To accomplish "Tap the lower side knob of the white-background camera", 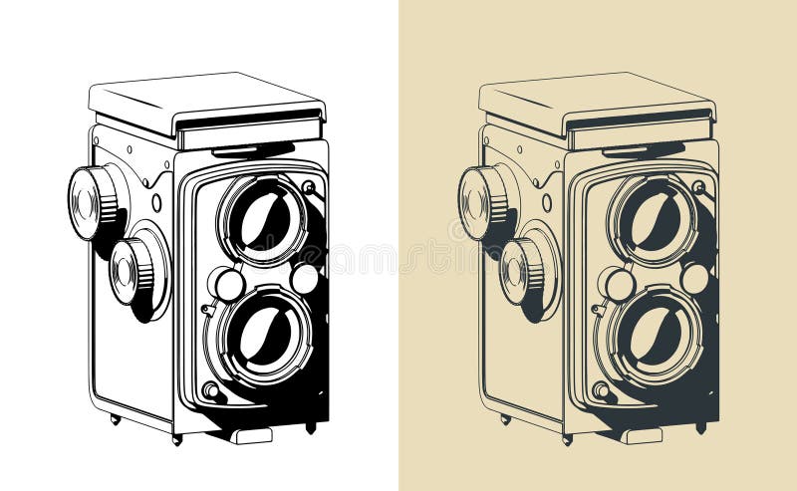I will tap(130, 270).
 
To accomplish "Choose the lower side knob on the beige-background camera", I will tap(520, 270).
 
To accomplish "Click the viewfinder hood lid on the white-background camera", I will tap(204, 98).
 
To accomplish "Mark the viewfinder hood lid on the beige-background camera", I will tap(595, 98).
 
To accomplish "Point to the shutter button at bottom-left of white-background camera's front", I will tap(210, 390).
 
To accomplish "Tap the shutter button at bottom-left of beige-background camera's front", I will tap(601, 390).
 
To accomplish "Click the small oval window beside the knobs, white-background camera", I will tap(156, 202).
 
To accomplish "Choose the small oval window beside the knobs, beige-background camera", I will tap(547, 202).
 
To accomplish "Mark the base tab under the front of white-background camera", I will tap(252, 435).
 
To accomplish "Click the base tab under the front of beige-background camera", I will tap(643, 435).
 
